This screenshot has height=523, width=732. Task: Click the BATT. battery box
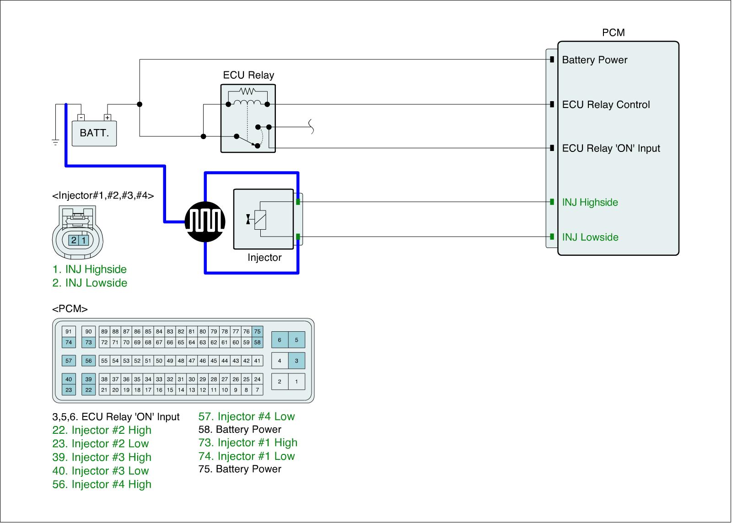[x=94, y=133]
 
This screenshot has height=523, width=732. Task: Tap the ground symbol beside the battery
[x=55, y=142]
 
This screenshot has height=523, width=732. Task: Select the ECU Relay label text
[x=248, y=75]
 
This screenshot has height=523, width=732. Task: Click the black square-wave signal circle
[x=205, y=221]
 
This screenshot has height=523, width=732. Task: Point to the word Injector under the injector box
[x=264, y=258]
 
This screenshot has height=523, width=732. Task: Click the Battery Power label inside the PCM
[x=594, y=60]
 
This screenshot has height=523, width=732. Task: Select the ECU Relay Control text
[x=606, y=105]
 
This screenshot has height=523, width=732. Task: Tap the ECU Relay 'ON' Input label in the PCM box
[x=611, y=148]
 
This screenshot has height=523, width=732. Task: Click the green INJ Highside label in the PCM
[x=590, y=202]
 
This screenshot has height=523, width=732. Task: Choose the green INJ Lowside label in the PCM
[x=590, y=237]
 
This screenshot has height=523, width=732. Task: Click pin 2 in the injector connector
[x=74, y=240]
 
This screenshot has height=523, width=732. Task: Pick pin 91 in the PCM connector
[x=69, y=331]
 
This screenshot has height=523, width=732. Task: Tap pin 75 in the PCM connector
[x=258, y=331]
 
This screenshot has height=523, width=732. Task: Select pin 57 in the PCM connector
[x=69, y=361]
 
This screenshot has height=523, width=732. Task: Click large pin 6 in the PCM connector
[x=280, y=340]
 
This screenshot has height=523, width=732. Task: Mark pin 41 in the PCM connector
[x=258, y=361]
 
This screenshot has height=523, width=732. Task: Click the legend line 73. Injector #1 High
[x=248, y=442]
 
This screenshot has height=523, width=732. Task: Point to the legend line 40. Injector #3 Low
[x=101, y=471]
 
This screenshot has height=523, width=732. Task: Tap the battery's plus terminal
[x=108, y=118]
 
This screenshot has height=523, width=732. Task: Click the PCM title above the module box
[x=614, y=32]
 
